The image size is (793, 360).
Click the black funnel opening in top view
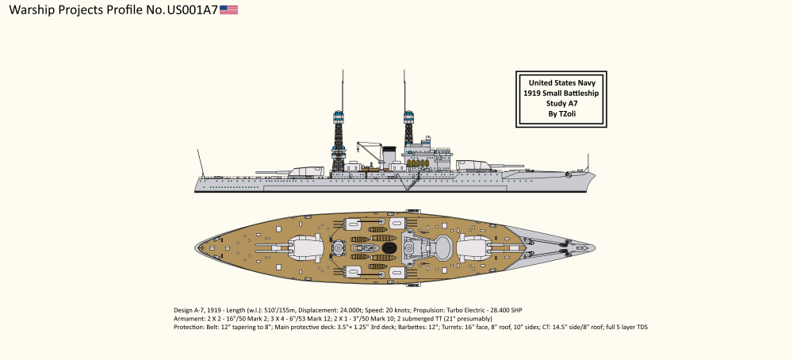coord(389,247)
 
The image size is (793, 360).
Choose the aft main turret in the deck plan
coord(305,247)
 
